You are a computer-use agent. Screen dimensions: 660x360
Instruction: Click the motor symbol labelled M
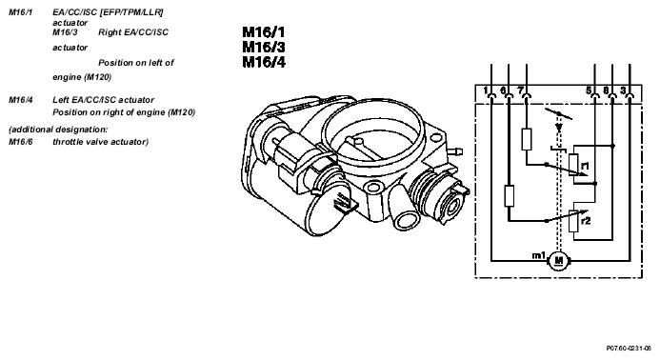point(558,261)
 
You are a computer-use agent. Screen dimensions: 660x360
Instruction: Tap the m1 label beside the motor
point(539,255)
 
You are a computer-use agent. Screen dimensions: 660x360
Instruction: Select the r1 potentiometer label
point(585,166)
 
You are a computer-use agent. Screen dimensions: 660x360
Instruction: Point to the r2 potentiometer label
point(586,221)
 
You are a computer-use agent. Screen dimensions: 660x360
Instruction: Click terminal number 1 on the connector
point(486,90)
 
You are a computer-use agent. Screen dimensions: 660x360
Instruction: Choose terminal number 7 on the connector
point(521,90)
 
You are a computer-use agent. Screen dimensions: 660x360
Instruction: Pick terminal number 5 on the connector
point(589,90)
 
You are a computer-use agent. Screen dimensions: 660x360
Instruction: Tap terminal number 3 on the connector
point(623,90)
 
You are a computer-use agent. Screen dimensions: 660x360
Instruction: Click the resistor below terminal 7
point(527,139)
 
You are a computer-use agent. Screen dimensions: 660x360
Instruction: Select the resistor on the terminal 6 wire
point(510,195)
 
